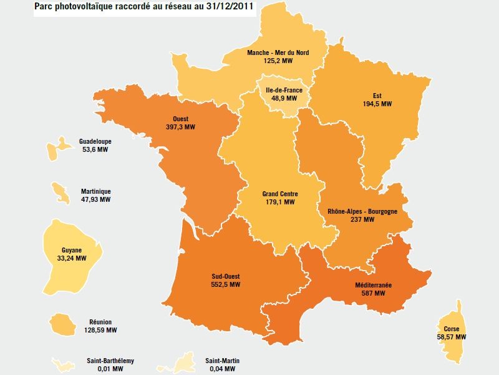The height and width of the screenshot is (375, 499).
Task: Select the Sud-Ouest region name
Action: pos(226,276)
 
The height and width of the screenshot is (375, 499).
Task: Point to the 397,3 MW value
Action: pos(181,127)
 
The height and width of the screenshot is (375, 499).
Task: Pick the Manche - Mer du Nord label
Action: pos(278,53)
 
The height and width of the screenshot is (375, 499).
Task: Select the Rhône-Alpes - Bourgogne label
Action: pos(362,211)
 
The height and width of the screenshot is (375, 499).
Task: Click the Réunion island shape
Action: pos(61,324)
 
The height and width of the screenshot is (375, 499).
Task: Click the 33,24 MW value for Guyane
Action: pos(71,257)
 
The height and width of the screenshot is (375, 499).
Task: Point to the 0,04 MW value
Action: pos(222,369)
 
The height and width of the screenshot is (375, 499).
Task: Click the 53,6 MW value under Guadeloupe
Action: pos(95,150)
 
